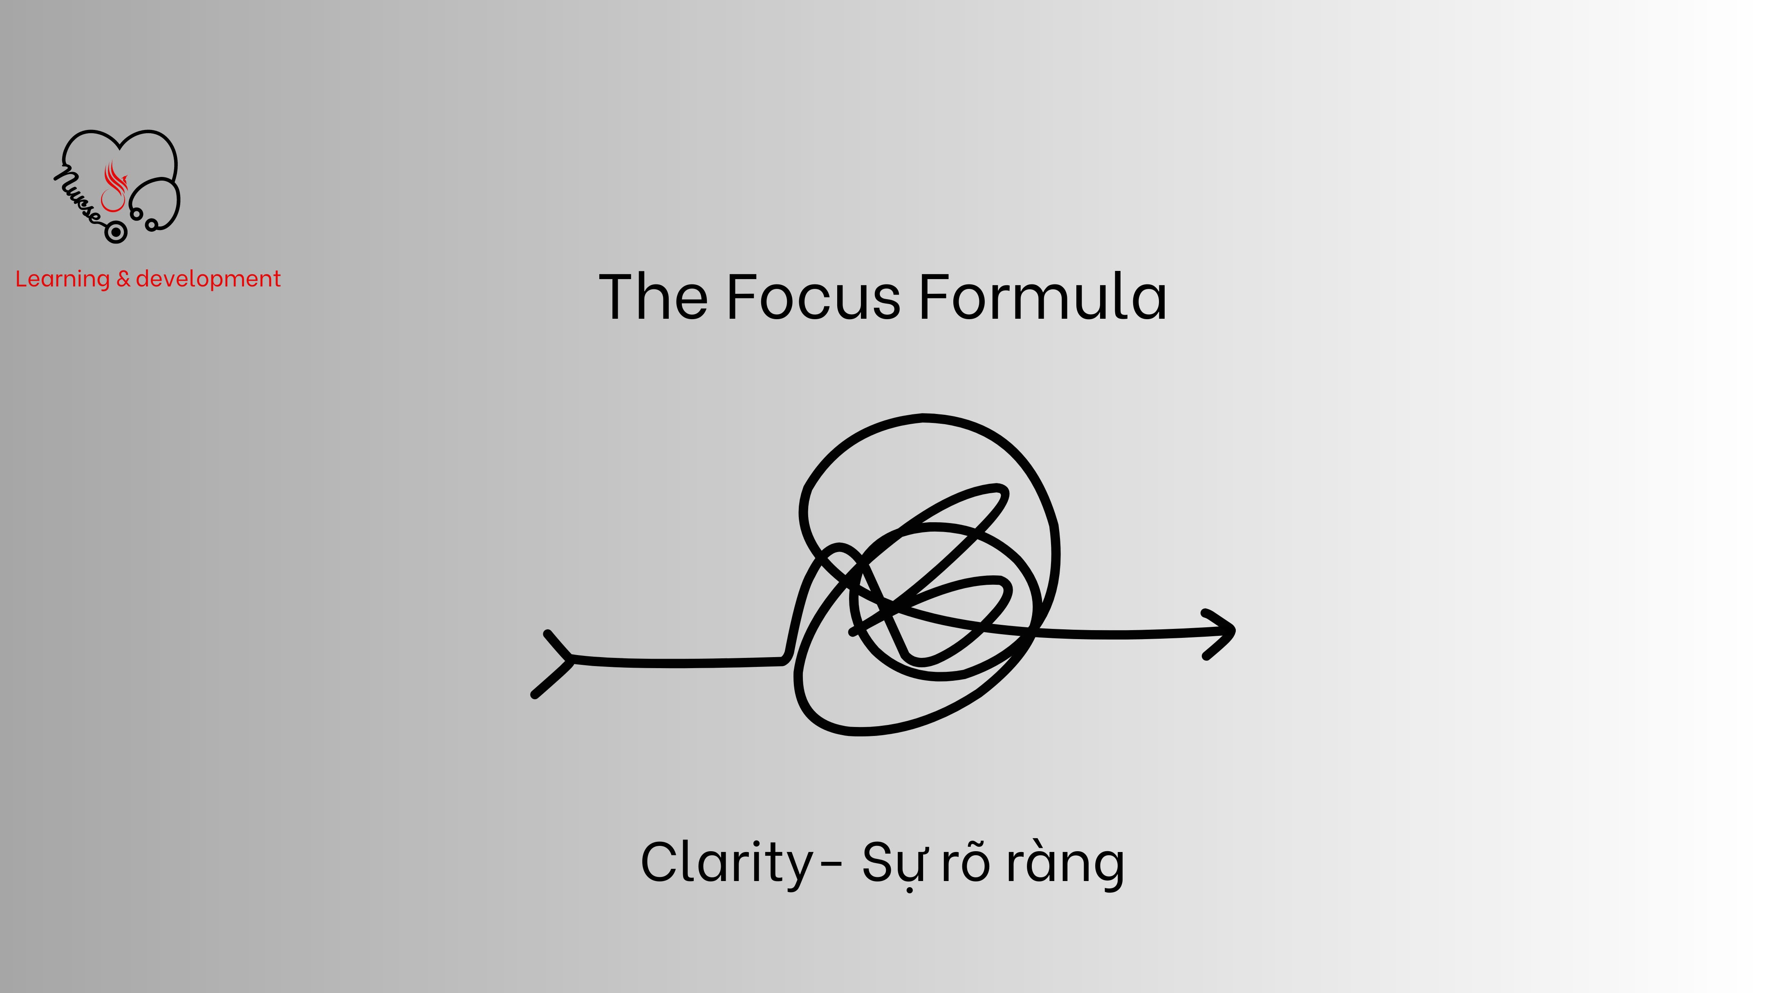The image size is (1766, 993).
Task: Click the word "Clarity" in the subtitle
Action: pos(727,863)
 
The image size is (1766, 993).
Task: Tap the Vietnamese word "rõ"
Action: pos(965,863)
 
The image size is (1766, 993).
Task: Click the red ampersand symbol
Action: pos(123,279)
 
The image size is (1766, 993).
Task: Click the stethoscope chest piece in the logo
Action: pos(116,233)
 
